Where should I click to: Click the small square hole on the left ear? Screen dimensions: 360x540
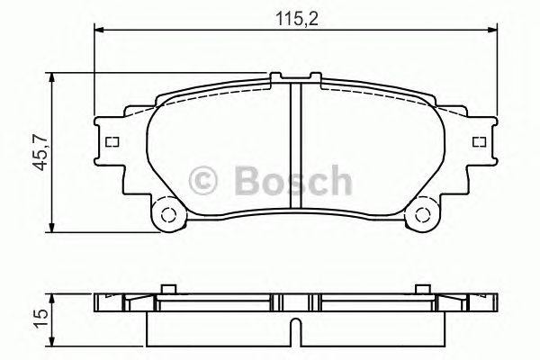(x=112, y=142)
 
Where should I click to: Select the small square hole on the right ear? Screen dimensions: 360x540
(x=475, y=142)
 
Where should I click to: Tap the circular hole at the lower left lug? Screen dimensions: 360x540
(x=165, y=215)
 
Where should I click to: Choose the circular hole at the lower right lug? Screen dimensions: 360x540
(x=421, y=215)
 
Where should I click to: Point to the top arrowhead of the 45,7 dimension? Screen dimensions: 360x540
(x=56, y=78)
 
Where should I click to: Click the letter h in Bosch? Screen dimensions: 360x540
(x=340, y=179)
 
